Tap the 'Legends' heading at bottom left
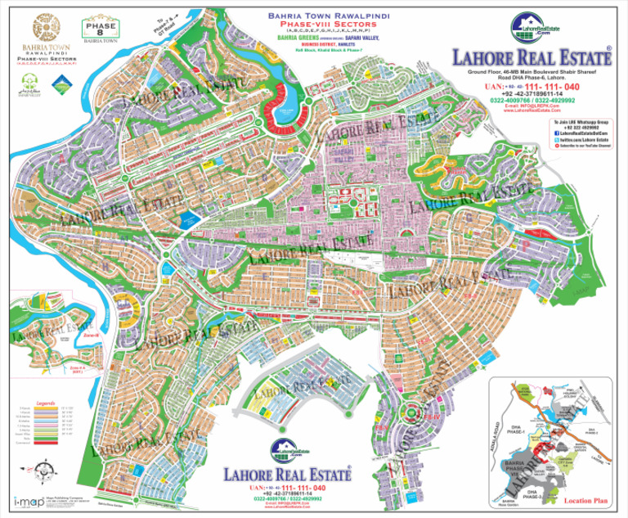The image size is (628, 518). [45, 403]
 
